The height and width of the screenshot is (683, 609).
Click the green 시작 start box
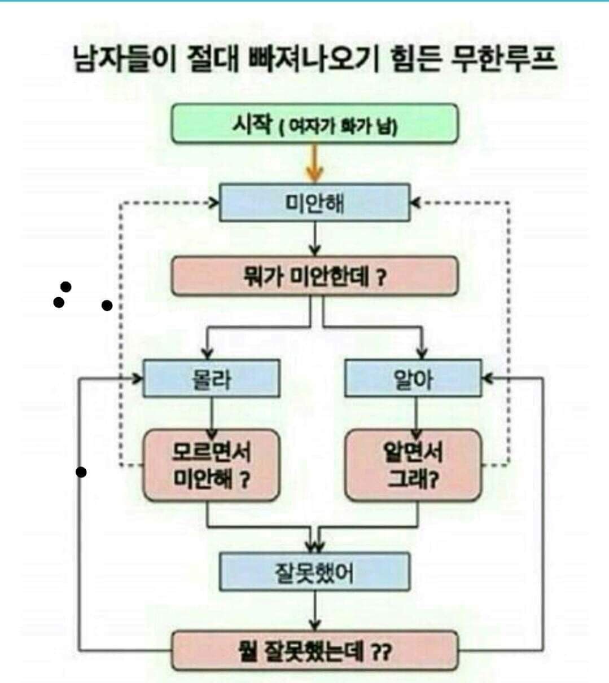[314, 124]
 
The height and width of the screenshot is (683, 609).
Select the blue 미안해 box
[314, 202]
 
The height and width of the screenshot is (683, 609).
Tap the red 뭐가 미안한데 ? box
[314, 276]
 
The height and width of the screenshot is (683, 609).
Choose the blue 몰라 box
[211, 378]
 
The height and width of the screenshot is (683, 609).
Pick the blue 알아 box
[413, 378]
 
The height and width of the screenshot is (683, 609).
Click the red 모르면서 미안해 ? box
[211, 465]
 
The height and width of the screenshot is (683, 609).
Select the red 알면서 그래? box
[413, 465]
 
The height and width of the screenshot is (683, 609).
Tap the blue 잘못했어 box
[314, 572]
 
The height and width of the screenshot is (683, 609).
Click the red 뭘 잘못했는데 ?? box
[314, 651]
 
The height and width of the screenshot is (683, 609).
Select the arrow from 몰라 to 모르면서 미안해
[212, 415]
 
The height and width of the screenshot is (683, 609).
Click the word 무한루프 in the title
[503, 59]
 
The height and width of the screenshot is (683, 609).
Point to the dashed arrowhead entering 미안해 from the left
[214, 202]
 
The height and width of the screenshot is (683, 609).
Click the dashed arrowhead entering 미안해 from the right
[415, 202]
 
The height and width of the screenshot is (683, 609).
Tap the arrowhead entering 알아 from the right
[487, 378]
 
